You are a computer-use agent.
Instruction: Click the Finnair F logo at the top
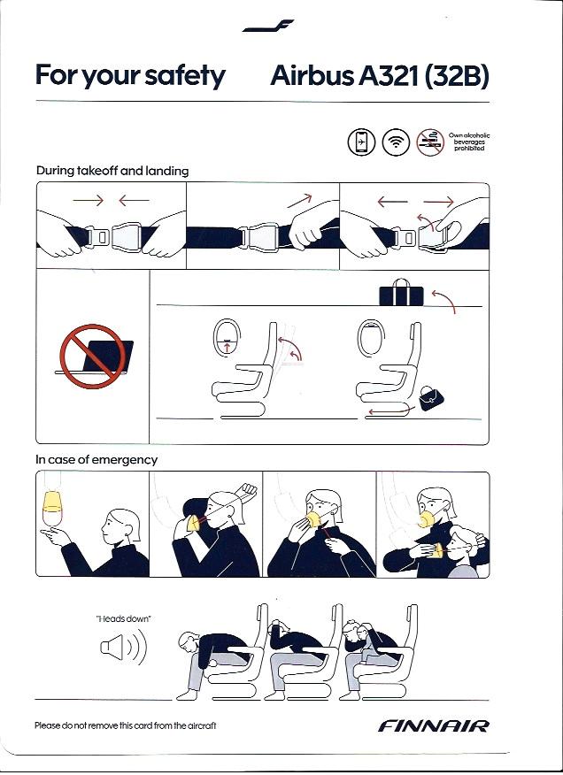267,26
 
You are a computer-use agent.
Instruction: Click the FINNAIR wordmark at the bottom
434,725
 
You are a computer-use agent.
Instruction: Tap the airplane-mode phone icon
361,142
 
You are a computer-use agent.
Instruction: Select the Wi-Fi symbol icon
396,142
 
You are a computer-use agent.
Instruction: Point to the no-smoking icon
430,142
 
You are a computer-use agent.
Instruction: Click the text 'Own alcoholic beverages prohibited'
469,142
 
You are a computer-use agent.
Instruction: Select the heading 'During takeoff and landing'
112,171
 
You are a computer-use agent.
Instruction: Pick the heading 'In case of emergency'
96,460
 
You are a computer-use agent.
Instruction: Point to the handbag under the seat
431,398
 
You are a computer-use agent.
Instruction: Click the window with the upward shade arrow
227,338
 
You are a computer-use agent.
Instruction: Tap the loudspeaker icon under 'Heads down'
123,647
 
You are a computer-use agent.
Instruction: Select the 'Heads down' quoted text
123,618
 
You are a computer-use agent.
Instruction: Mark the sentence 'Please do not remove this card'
125,725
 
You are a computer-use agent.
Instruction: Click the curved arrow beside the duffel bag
444,301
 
